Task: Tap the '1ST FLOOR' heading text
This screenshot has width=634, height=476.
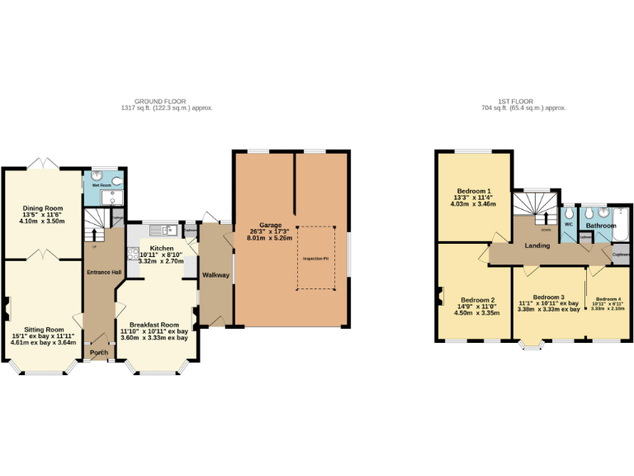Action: (x=523, y=101)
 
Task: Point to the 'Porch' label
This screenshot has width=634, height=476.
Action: (x=99, y=352)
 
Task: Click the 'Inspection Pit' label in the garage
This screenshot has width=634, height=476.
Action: (x=315, y=259)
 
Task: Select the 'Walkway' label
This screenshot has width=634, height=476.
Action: (x=215, y=275)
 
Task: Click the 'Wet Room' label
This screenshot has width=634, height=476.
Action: (x=101, y=185)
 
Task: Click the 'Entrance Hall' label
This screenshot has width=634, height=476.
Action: (x=104, y=273)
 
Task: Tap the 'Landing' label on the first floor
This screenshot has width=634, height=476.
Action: (x=537, y=245)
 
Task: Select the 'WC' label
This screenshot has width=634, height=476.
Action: (x=568, y=224)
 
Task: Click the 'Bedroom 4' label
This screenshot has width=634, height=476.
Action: (x=608, y=298)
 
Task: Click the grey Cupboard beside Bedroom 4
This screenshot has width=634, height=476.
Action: (x=622, y=255)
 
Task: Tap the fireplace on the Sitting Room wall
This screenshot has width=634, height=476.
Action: (x=7, y=308)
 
